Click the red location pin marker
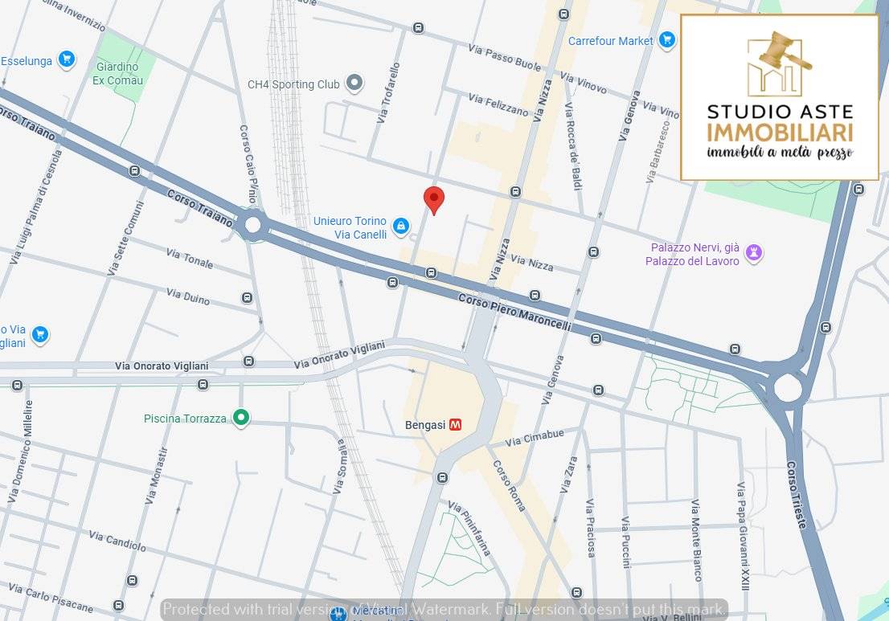point(434,199)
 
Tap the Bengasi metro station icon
point(455,425)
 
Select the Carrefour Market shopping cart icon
point(666,39)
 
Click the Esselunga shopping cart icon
point(67,59)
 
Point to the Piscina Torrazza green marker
point(240,418)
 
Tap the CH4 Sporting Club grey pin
point(354,84)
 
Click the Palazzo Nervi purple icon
point(753,253)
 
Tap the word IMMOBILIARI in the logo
point(780,133)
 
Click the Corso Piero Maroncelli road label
point(514,312)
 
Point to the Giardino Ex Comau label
point(118,73)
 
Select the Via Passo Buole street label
point(504,58)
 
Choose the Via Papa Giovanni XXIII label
point(744,537)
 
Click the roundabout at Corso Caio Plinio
point(254,225)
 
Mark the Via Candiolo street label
point(117,541)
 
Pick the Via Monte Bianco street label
point(696,539)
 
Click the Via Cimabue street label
point(535,439)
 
